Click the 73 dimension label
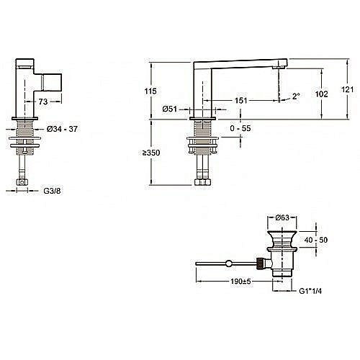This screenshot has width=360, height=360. click(x=43, y=102)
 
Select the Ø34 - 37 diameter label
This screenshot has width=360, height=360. click(x=62, y=129)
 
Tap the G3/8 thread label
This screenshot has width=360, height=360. click(x=52, y=191)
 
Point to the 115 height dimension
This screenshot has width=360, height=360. click(x=150, y=91)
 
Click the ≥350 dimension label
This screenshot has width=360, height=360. click(x=151, y=153)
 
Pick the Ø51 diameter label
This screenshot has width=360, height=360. click(x=170, y=109)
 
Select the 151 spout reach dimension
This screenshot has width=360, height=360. click(x=240, y=100)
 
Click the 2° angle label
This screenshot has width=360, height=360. click(x=296, y=96)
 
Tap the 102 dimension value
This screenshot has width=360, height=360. click(x=321, y=94)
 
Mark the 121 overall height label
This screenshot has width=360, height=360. click(x=347, y=89)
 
